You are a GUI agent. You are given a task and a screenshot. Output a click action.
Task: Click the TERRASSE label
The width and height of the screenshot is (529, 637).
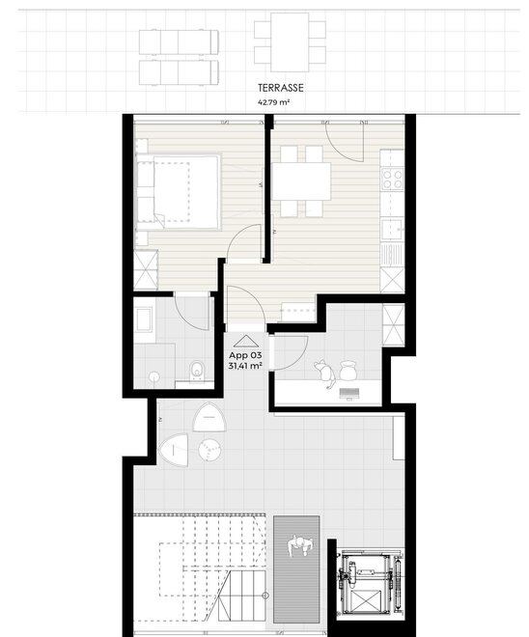(281, 88)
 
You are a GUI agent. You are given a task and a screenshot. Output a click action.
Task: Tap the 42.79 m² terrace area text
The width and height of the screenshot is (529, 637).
(274, 102)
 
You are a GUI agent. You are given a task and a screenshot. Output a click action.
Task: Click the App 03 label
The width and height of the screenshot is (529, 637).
(245, 355)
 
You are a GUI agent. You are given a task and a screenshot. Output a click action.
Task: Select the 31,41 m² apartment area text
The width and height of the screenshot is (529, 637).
(245, 366)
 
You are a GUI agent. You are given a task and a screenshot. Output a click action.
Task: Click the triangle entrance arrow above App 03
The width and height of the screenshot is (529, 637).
(246, 342)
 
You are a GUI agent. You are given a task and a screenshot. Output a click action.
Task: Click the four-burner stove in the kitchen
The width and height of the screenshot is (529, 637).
(392, 180)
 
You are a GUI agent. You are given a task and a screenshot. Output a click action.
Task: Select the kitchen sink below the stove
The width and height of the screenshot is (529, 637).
(391, 229)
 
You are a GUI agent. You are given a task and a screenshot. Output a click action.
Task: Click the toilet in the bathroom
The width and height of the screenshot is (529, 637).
(197, 371)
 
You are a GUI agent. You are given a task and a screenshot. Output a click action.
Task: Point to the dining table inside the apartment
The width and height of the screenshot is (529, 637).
(301, 181)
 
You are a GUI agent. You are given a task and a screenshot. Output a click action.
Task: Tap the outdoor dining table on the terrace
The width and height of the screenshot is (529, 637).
(290, 42)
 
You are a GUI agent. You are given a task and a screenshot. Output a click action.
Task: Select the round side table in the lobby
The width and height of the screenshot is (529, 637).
(210, 450)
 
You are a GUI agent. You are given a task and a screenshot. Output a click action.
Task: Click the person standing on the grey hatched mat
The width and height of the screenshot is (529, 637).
(300, 546)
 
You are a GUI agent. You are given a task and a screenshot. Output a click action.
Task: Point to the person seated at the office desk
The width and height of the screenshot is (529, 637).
(325, 373)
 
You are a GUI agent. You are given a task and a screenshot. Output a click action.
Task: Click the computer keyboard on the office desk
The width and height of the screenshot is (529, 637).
(349, 393)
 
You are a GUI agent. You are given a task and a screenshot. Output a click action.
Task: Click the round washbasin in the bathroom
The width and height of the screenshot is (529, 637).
(154, 376)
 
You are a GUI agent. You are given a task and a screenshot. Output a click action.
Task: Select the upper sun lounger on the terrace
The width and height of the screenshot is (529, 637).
(179, 42)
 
